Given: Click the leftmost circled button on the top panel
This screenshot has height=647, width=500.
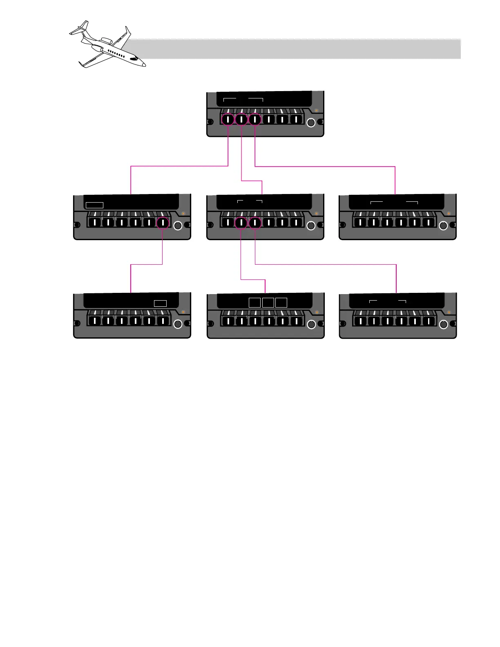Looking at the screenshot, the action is pos(228,119).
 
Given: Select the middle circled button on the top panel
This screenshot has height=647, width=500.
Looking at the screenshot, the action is pos(241,119).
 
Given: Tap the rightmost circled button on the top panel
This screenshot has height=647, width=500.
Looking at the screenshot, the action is pos(255,119).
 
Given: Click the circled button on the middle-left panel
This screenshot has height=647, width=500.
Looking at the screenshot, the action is pos(163,223).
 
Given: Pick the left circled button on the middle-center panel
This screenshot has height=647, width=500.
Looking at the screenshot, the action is pos(241,223).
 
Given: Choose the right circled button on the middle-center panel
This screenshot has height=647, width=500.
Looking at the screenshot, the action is pos(255,223).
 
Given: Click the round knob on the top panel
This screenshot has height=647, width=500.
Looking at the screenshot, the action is pos(311,122).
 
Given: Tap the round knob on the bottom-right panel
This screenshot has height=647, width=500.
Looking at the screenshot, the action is pos(443,324).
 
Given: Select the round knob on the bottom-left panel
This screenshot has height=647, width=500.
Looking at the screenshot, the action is pos(178,324).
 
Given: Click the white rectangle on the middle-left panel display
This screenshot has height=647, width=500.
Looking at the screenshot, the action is pos(94,205).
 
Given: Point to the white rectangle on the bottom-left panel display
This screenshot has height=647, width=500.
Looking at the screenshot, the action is pos(160,303).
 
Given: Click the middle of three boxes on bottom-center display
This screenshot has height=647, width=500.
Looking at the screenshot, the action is pos(268,303).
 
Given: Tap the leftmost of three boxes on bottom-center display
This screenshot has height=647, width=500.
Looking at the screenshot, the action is pos(254,303).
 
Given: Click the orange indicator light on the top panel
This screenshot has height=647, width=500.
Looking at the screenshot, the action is pos(316,110).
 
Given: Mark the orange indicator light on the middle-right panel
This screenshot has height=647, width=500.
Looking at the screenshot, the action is pos(449,213).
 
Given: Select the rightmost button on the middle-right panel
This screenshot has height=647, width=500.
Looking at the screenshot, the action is pos(428,223).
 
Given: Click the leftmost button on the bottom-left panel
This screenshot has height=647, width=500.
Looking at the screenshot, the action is pos(94,321).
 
